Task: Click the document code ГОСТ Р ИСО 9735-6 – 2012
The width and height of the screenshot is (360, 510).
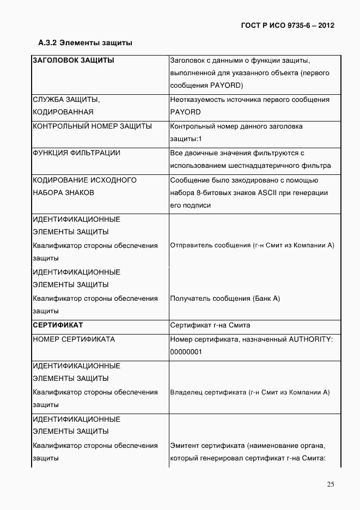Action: click(x=287, y=26)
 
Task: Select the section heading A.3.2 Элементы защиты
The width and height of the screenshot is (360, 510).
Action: click(x=85, y=42)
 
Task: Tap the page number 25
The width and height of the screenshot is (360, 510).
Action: click(x=331, y=485)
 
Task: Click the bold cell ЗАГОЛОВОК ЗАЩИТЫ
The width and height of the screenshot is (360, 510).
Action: click(x=74, y=60)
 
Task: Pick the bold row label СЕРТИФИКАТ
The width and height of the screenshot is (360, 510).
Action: click(x=58, y=325)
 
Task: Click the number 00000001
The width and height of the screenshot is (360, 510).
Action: click(x=186, y=352)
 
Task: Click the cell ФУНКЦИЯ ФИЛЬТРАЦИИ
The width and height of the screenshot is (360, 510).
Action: click(x=76, y=153)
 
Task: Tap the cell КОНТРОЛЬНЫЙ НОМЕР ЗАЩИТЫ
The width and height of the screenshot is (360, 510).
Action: click(x=92, y=126)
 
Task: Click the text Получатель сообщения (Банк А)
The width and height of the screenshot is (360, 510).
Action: click(x=225, y=299)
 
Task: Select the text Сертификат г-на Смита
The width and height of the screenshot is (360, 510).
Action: click(x=210, y=325)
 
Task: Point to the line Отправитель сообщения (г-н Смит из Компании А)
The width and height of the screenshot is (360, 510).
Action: click(x=252, y=245)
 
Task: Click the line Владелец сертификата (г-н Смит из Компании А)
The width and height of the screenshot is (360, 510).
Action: click(x=250, y=392)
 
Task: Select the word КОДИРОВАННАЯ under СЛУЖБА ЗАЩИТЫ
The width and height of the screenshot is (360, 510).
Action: click(x=63, y=112)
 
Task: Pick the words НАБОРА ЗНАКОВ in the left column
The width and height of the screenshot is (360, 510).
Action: click(x=63, y=192)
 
